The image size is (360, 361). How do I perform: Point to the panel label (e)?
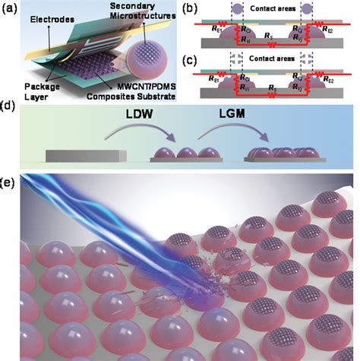[x=9, y=183]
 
